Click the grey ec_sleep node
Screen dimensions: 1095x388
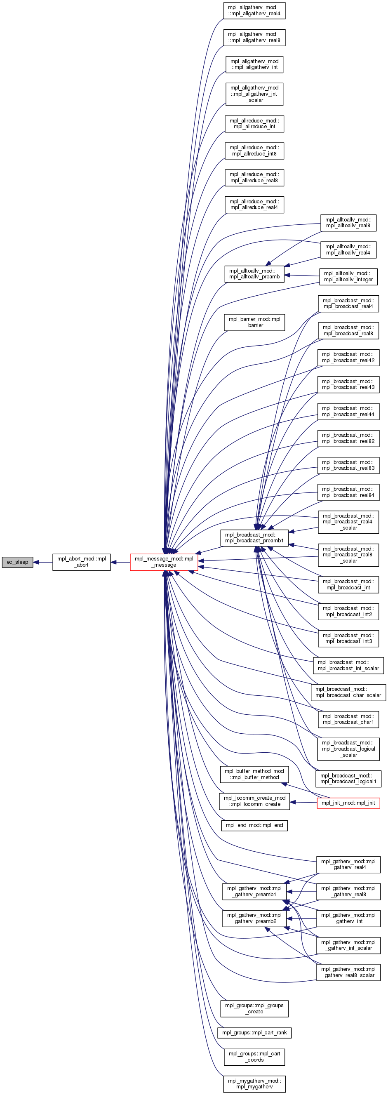pos(17,562)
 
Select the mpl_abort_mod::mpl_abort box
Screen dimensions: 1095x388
pos(82,562)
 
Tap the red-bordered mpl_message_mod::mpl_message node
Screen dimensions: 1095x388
pos(164,562)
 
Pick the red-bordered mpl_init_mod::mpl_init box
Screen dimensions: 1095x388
pos(348,803)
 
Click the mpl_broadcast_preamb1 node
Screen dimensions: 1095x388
pos(254,538)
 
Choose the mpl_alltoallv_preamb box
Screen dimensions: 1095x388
pos(254,274)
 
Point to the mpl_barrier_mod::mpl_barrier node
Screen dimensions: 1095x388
pos(254,322)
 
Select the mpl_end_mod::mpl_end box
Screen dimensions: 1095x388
pos(254,825)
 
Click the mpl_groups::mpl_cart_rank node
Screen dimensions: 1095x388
pos(254,1032)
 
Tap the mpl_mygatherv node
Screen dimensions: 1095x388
pos(254,1083)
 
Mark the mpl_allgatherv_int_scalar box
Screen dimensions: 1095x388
pos(254,94)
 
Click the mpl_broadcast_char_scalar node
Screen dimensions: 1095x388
pos(348,692)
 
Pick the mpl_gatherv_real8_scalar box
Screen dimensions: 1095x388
pos(348,972)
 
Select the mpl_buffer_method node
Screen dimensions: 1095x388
pos(254,774)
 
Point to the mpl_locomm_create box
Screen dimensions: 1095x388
pos(254,801)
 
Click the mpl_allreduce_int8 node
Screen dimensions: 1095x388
pos(254,151)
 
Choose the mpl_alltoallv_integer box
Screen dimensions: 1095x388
pos(348,276)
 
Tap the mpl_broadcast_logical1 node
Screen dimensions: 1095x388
pos(348,778)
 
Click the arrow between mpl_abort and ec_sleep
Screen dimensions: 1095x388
pos(42,562)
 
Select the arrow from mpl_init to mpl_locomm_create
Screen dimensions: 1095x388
pos(303,803)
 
